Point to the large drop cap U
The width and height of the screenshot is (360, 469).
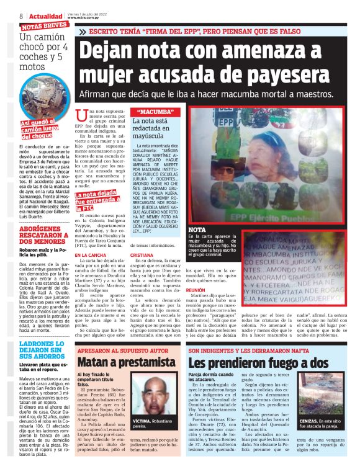point(79,116)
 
